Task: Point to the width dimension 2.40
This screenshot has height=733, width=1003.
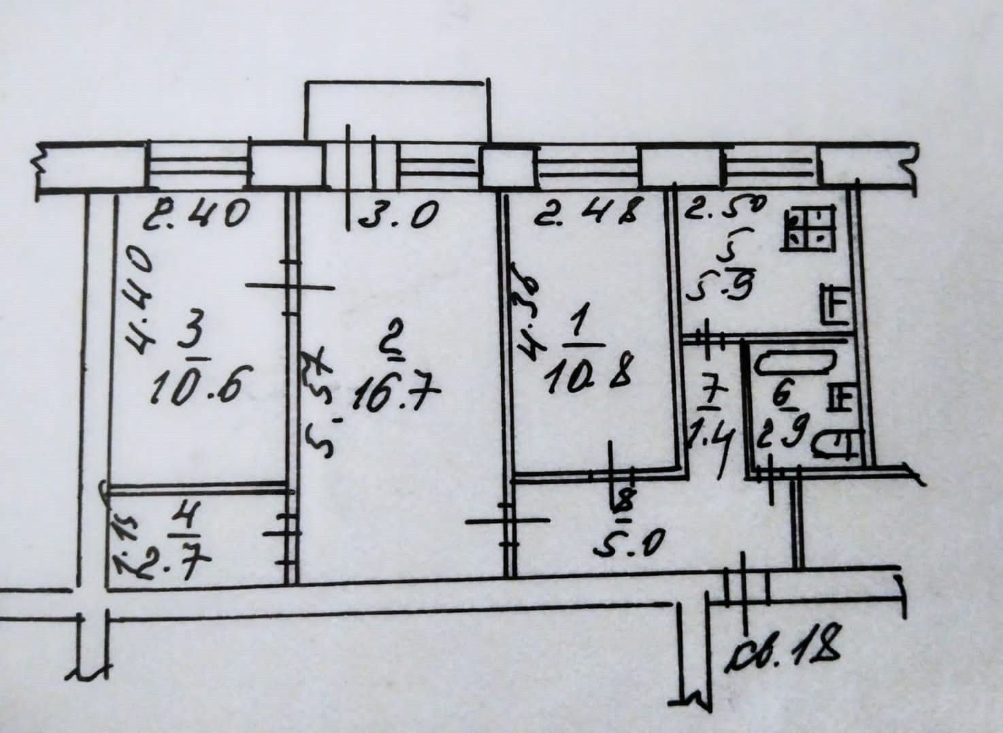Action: (197, 216)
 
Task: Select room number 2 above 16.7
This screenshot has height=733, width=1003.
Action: (393, 351)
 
